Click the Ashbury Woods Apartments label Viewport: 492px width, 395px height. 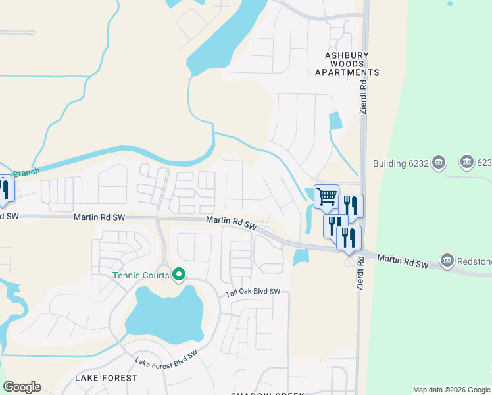click(347, 64)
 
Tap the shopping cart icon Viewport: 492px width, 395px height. click(326, 196)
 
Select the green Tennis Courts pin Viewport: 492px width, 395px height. click(178, 275)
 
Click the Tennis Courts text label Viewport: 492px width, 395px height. click(141, 275)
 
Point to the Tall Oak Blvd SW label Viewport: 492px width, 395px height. click(253, 292)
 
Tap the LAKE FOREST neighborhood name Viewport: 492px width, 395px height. click(107, 378)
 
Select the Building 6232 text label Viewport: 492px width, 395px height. click(400, 163)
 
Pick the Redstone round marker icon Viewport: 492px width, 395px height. click(447, 259)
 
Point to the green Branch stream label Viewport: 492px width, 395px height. click(26, 173)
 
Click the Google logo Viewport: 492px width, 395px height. click(22, 387)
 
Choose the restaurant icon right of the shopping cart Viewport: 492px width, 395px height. click(350, 205)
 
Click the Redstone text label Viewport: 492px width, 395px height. click(475, 261)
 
